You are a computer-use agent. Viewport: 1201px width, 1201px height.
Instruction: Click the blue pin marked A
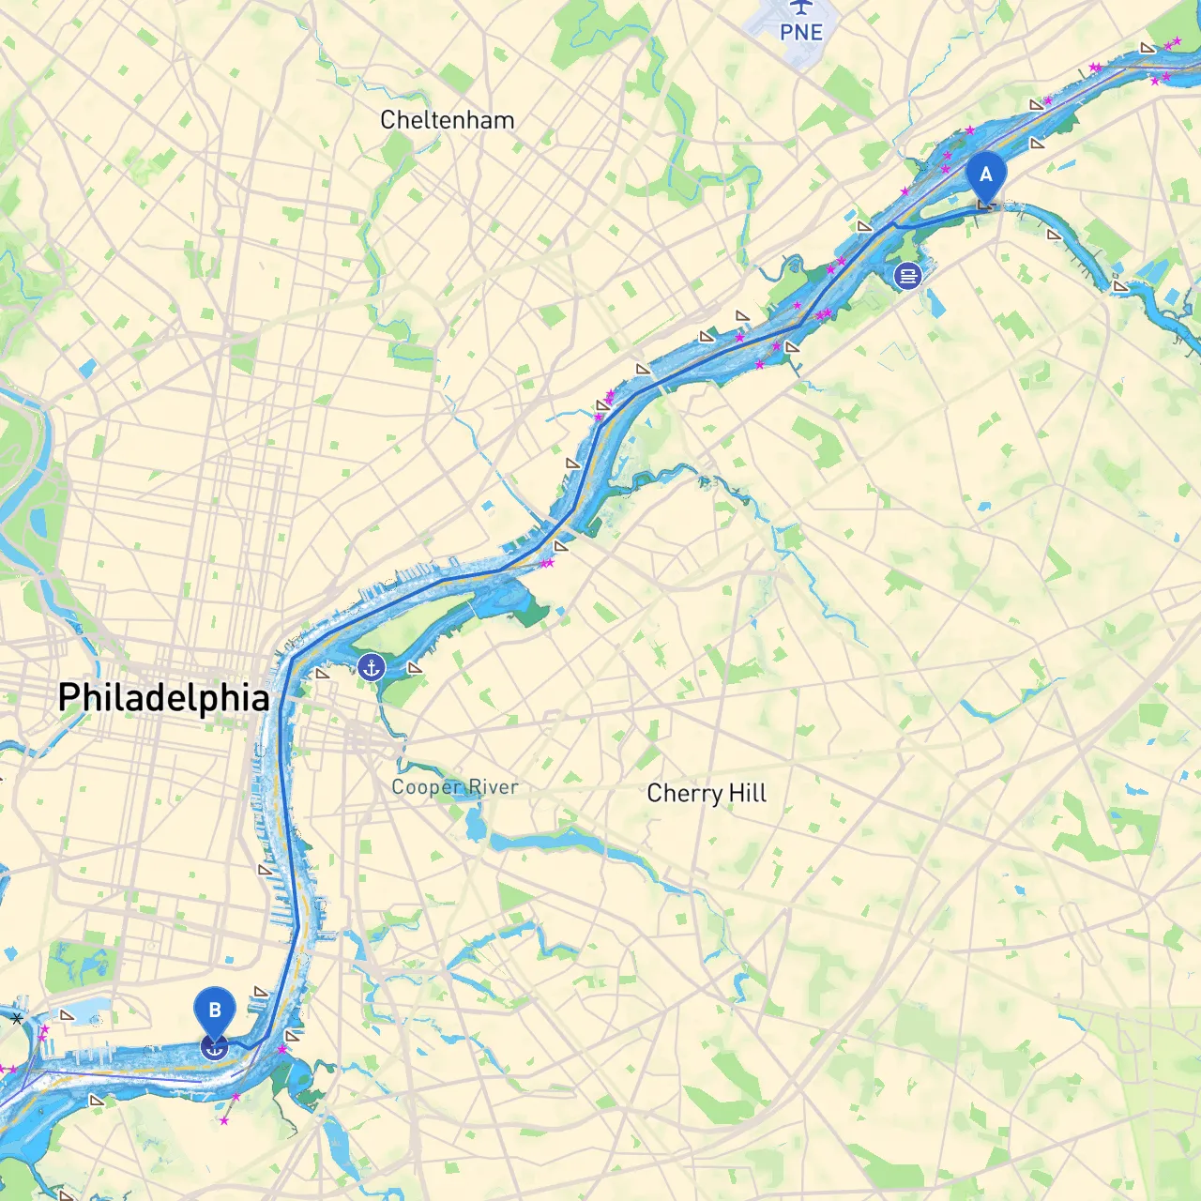coord(985,175)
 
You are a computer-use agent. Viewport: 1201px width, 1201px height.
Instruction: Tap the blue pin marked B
coord(215,1011)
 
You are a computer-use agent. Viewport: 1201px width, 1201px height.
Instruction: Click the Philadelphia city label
coord(163,698)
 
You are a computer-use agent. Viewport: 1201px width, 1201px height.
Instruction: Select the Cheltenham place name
coord(447,120)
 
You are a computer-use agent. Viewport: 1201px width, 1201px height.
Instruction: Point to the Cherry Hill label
coord(707,794)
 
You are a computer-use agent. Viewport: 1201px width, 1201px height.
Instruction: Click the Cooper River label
coord(454,787)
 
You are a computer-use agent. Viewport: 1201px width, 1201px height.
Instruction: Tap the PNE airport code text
coord(800,33)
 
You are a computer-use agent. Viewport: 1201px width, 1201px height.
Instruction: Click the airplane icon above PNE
coord(800,8)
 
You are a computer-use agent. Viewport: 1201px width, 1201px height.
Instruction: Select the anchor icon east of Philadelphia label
coord(372,668)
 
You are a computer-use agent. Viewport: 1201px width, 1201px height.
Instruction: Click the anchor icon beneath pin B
coord(215,1048)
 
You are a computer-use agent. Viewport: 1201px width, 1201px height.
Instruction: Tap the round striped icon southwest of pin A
coord(907,275)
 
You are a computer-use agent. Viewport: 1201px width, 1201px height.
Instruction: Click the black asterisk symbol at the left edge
coord(17,1018)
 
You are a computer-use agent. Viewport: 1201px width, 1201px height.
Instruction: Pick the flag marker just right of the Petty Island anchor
coord(414,668)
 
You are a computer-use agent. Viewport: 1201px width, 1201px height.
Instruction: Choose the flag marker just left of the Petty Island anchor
coord(323,673)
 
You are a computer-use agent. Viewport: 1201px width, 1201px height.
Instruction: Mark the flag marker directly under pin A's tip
coord(985,204)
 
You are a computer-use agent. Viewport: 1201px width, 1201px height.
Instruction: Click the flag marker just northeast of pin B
coord(261,992)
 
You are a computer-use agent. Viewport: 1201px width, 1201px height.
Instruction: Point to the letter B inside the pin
coord(215,1010)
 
